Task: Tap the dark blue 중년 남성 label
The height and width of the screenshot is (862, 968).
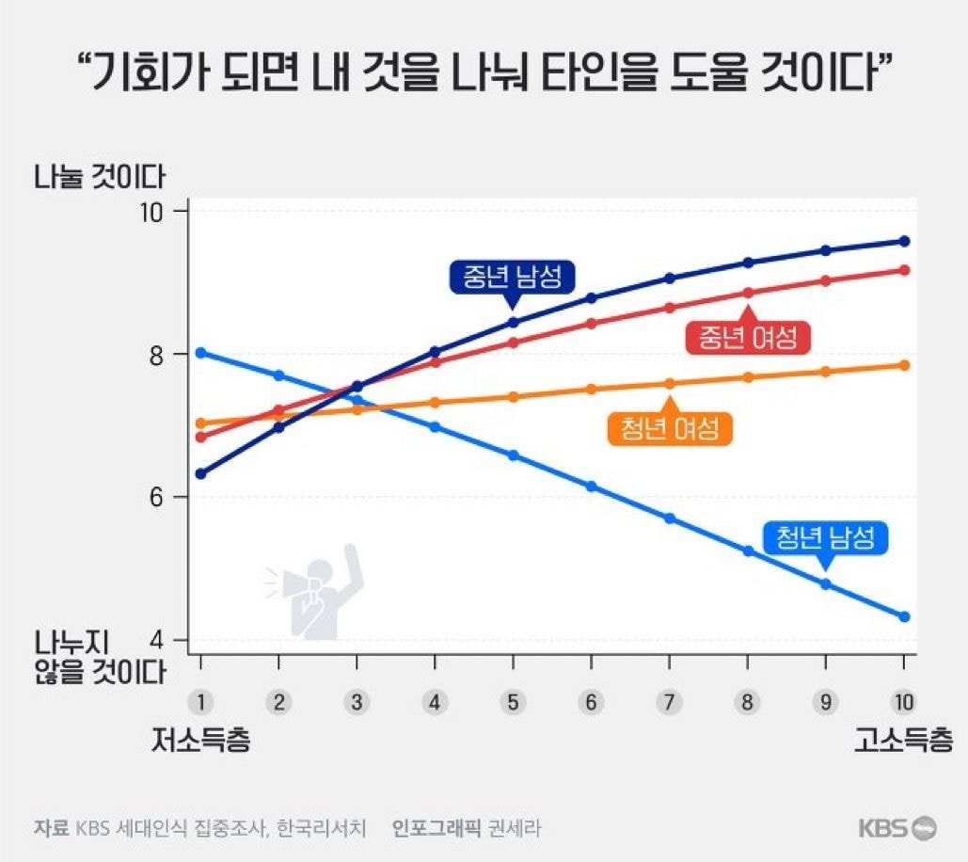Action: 511,276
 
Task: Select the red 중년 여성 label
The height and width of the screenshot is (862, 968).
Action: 749,337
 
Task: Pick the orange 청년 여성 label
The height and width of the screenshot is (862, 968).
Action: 670,428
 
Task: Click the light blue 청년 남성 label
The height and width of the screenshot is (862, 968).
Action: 825,537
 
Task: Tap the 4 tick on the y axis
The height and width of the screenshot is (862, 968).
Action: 161,640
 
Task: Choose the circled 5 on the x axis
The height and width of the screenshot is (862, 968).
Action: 513,701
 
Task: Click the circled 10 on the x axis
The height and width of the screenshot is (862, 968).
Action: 903,701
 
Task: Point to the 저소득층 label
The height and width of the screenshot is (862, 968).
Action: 200,740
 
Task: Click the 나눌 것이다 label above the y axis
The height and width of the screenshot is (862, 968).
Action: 100,176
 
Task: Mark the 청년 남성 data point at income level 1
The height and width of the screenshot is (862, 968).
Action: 200,353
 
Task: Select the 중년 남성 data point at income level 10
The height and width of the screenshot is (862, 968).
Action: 904,241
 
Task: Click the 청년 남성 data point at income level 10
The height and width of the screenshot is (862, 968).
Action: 904,616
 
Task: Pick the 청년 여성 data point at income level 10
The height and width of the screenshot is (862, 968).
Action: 904,365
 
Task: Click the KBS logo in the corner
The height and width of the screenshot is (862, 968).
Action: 897,828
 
